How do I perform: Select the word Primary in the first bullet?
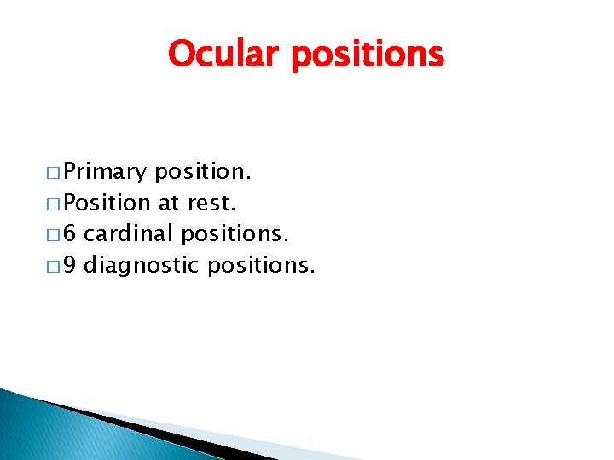[105, 172]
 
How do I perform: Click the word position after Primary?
[203, 172]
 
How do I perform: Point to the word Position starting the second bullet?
[107, 203]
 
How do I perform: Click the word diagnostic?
[142, 265]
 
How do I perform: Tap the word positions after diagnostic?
[263, 265]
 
